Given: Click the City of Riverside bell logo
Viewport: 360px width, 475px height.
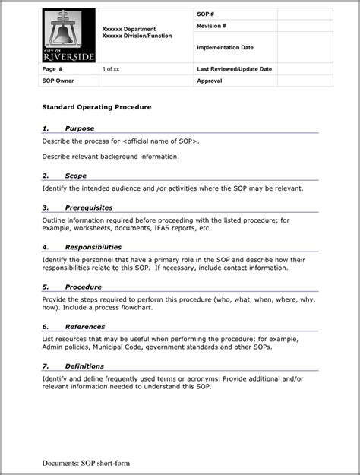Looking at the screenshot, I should (68, 36).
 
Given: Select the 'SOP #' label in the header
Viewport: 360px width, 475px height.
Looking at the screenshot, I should (206, 14).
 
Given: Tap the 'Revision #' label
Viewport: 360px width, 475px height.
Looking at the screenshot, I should (211, 26).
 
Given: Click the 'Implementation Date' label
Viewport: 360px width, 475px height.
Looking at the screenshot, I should (225, 47).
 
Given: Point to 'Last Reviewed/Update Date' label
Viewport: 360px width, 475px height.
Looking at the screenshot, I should (234, 68).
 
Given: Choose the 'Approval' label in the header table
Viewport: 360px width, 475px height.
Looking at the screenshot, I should (209, 80).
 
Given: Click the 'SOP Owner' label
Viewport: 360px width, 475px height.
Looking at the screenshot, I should (58, 80).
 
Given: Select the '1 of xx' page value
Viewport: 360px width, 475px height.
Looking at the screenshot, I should (111, 68).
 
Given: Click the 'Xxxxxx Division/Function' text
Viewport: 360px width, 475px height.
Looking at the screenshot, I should (137, 36).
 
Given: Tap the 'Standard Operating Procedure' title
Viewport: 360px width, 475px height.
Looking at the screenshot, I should (96, 107).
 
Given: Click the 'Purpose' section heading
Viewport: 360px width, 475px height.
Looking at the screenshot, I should (80, 128).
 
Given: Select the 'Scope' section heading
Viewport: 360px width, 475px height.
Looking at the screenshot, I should (75, 176).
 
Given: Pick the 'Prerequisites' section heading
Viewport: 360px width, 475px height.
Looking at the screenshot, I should (89, 207).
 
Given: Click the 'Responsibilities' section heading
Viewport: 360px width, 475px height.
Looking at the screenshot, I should (93, 247).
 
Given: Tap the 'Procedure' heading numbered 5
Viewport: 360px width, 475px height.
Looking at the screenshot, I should (83, 287).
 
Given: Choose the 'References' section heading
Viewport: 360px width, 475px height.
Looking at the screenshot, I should (84, 326).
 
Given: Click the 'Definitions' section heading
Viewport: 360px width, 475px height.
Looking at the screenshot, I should (84, 366).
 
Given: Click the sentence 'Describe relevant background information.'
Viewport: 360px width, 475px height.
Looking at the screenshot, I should (111, 156).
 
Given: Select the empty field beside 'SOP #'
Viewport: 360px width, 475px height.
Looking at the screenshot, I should (305, 14).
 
